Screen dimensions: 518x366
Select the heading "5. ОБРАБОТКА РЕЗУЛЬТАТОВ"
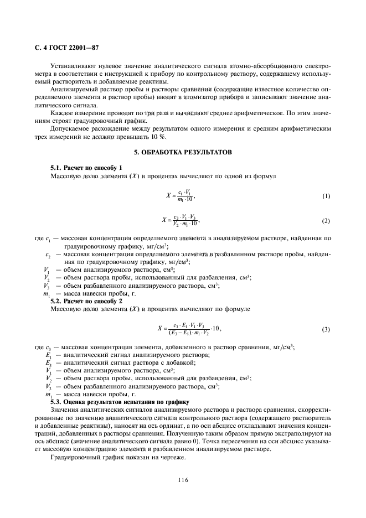point(182,152)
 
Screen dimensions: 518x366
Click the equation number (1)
point(326,196)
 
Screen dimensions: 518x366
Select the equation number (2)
point(326,221)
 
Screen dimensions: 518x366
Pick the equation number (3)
point(326,330)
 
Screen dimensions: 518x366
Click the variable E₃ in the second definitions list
point(48,362)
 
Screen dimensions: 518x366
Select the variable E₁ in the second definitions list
point(48,355)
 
